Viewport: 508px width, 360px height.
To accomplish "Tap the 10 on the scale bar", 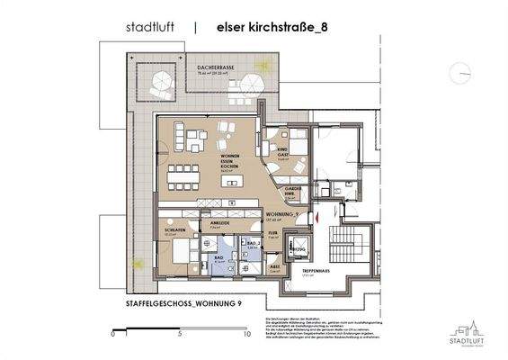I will coord(247,333).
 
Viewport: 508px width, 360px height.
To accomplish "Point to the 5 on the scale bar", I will coord(181,333).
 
